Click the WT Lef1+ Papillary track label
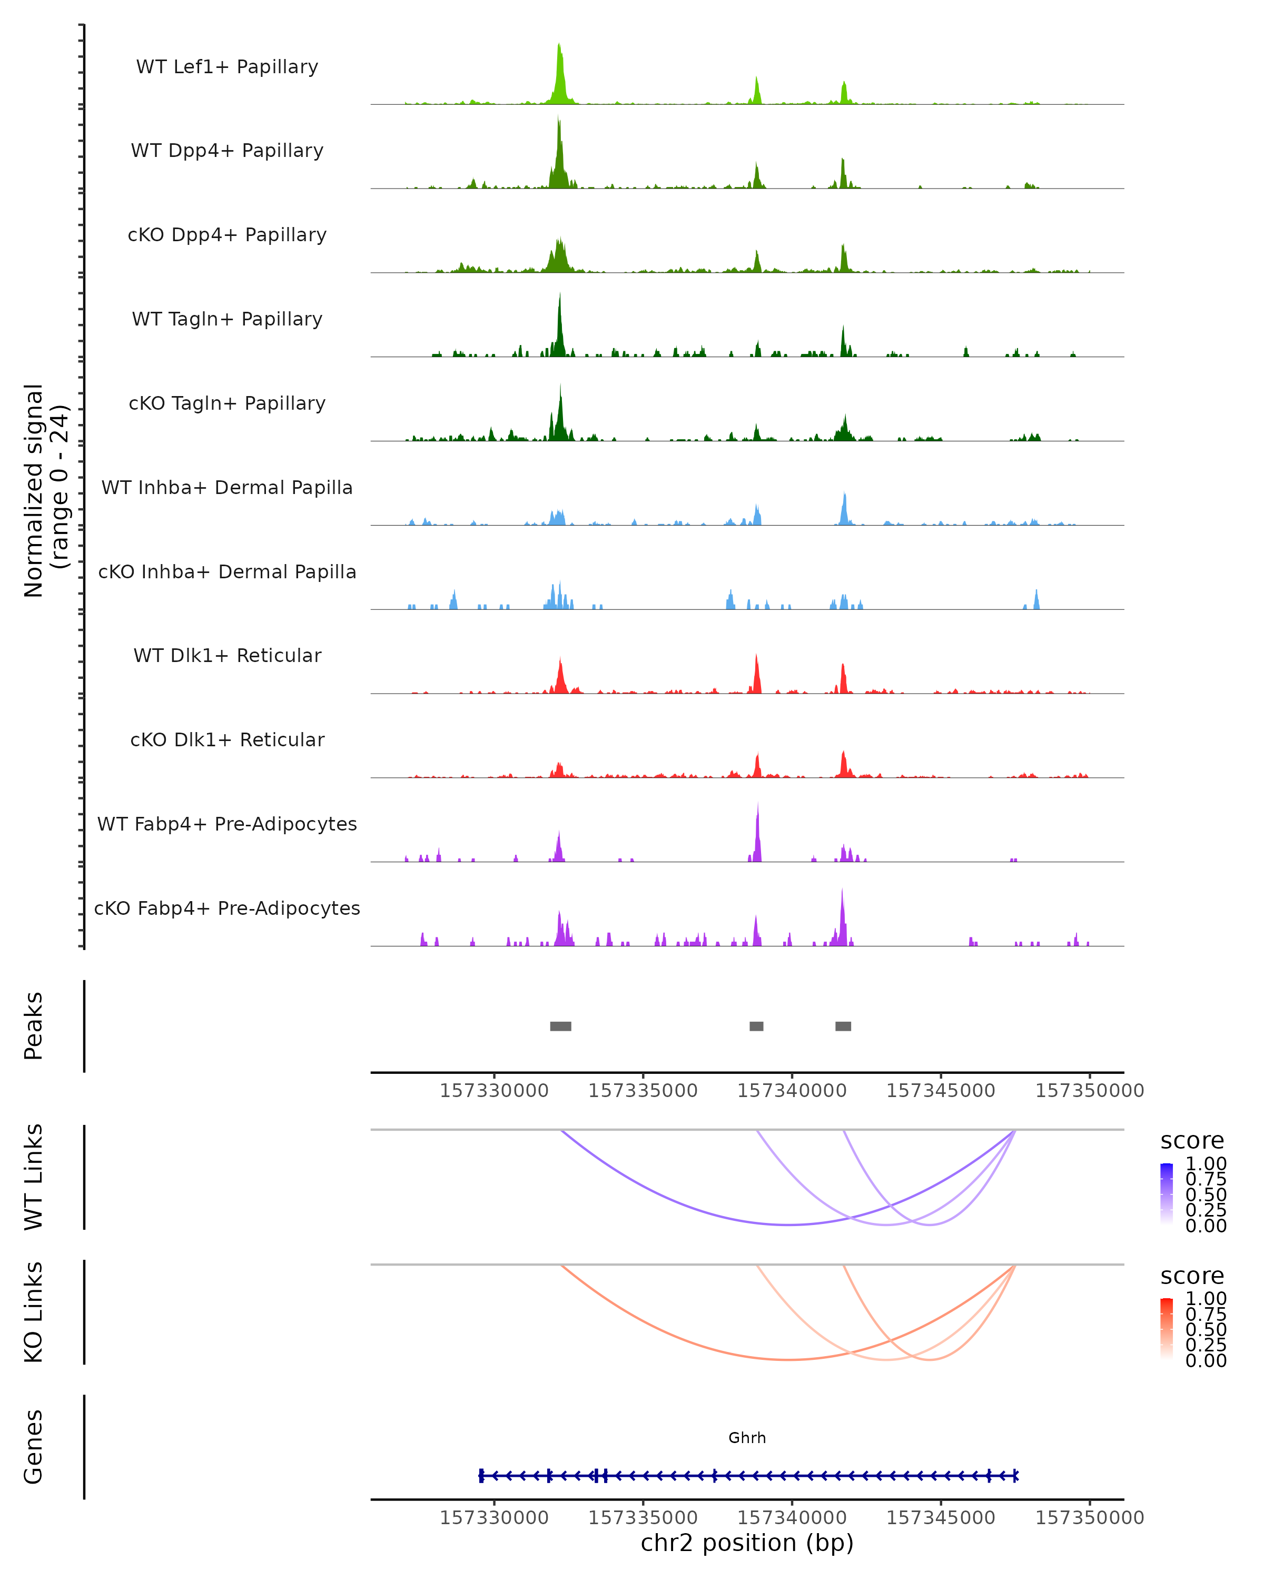click(227, 67)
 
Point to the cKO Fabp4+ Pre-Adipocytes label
click(227, 908)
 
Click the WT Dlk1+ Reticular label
click(227, 655)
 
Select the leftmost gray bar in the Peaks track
click(560, 1026)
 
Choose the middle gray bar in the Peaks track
click(756, 1026)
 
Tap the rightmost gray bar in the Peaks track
click(843, 1026)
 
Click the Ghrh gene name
click(747, 1438)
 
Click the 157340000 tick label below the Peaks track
click(792, 1091)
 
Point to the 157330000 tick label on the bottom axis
click(494, 1518)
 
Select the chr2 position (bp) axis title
click(747, 1543)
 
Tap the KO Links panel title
click(34, 1312)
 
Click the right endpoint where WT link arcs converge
click(1015, 1131)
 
